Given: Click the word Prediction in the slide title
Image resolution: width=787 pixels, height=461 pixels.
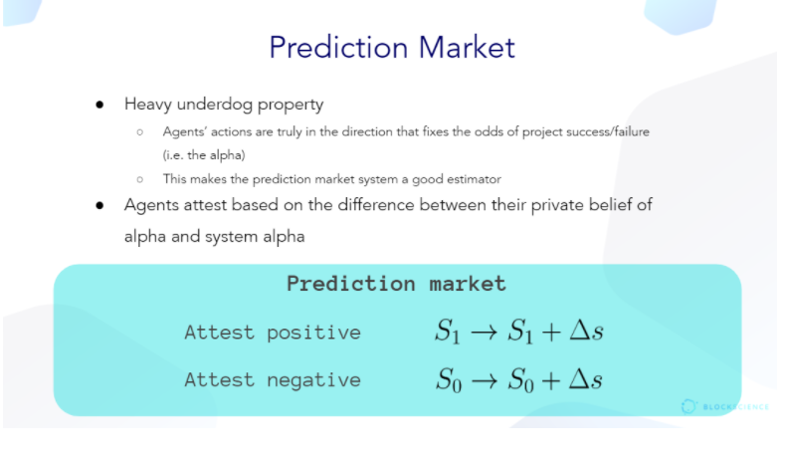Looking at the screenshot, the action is (338, 48).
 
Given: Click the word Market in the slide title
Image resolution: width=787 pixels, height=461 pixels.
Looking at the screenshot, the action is (467, 48).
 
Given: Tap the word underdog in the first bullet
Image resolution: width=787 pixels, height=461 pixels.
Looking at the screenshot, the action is (214, 104).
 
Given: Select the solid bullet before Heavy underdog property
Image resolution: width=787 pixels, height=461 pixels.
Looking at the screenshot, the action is (99, 105).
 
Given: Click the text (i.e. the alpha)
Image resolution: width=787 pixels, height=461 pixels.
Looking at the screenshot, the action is (204, 155).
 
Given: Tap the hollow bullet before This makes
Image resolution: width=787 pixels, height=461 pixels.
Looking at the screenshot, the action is (140, 179).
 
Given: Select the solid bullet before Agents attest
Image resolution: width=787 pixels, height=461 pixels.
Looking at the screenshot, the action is (99, 205).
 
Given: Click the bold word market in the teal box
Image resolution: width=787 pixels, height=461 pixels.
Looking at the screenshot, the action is (468, 284).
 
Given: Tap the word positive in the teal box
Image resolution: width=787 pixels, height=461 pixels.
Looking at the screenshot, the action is (313, 333).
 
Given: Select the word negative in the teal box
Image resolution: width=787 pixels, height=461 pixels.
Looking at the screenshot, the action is (313, 380).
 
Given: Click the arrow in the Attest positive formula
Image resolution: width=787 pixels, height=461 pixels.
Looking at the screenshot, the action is (485, 332).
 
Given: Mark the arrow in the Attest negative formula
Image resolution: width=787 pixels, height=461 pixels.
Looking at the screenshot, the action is (485, 380).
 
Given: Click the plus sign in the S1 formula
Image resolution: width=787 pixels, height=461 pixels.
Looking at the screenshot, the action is (551, 332).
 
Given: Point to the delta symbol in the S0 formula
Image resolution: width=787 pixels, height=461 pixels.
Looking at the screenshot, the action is (579, 379).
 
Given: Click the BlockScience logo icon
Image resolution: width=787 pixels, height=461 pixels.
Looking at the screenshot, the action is (689, 406).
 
